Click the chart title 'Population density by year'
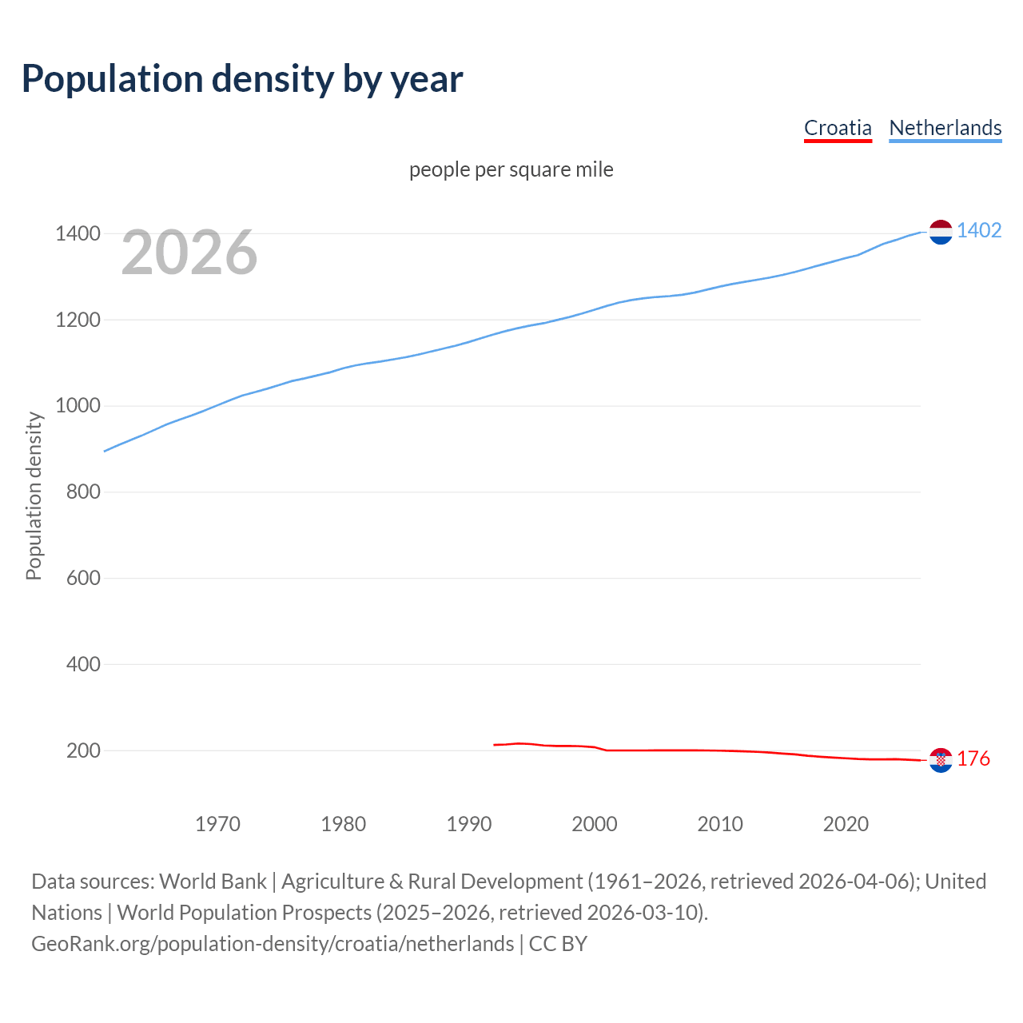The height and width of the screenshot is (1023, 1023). tap(242, 78)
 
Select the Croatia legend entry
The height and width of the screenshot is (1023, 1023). tap(837, 128)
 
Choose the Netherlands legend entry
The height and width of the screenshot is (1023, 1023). tap(945, 128)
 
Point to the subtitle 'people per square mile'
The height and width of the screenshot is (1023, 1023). tap(511, 169)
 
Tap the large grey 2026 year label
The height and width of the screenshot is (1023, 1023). tap(189, 253)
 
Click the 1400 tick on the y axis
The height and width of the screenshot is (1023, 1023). tap(78, 234)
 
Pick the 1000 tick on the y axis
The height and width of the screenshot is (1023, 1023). tap(78, 406)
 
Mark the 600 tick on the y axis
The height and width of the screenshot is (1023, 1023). tap(83, 578)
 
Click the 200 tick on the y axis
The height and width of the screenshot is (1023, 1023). tap(83, 750)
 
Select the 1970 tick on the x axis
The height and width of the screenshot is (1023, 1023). tap(217, 824)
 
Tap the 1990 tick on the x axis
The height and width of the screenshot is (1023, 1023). tap(469, 824)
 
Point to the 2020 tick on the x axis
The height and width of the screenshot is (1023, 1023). tap(846, 824)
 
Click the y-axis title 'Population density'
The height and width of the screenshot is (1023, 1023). tap(34, 496)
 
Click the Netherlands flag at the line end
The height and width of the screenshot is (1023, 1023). tap(941, 232)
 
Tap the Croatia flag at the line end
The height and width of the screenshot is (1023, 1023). tap(941, 760)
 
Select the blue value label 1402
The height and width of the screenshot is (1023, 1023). tap(979, 231)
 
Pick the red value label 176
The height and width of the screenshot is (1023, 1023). tap(973, 759)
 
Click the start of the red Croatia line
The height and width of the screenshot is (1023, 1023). tap(495, 745)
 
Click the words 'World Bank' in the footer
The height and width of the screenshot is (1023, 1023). tap(213, 882)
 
